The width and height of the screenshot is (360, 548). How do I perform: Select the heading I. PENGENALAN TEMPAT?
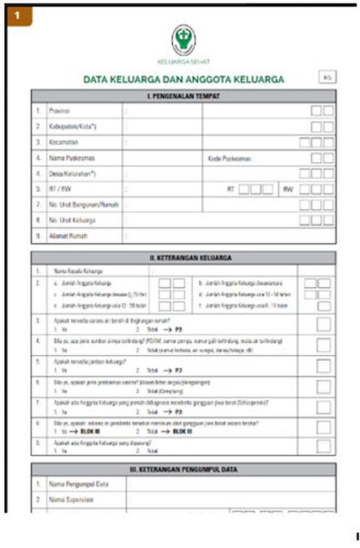point(183,97)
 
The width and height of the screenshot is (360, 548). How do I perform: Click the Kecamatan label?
point(63,142)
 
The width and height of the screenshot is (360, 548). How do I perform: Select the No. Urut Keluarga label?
point(72,221)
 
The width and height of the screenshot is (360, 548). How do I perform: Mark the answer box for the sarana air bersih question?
point(324,325)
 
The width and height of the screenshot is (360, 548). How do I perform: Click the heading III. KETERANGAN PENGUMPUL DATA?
point(183,469)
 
